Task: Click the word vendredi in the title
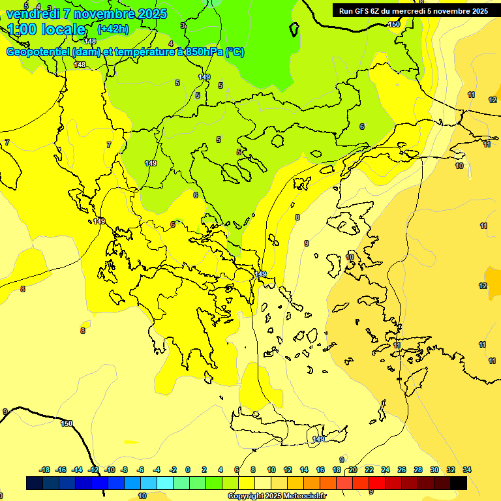[x=32, y=13]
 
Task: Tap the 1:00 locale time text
[x=46, y=29]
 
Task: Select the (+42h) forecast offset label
[x=113, y=29]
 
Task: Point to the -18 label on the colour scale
[x=45, y=470]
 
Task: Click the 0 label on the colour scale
[x=188, y=470]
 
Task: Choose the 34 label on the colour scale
[x=467, y=470]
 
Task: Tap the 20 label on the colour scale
[x=353, y=470]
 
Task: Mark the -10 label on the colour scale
[x=110, y=470]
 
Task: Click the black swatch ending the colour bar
[x=459, y=483]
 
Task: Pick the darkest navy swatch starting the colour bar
[x=35, y=483]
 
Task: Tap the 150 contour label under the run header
[x=394, y=24]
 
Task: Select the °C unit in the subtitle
[x=235, y=52]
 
